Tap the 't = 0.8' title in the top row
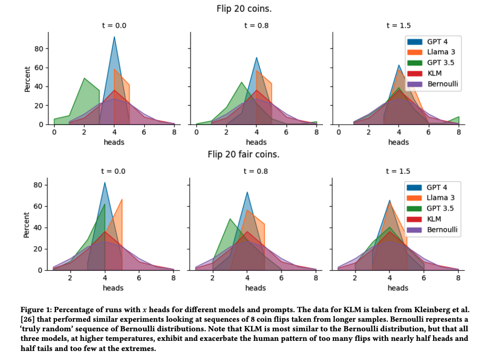[256, 25]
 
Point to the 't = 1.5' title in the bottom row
[398, 171]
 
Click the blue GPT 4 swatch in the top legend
[414, 41]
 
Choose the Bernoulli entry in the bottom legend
[442, 230]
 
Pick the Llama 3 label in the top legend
[441, 52]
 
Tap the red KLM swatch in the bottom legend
[414, 219]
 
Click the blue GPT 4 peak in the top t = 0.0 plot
[114, 37]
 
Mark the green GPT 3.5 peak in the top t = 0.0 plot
[85, 79]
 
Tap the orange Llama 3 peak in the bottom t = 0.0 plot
[122, 199]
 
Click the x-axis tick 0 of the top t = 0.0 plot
[54, 132]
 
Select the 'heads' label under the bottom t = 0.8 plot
[256, 288]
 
